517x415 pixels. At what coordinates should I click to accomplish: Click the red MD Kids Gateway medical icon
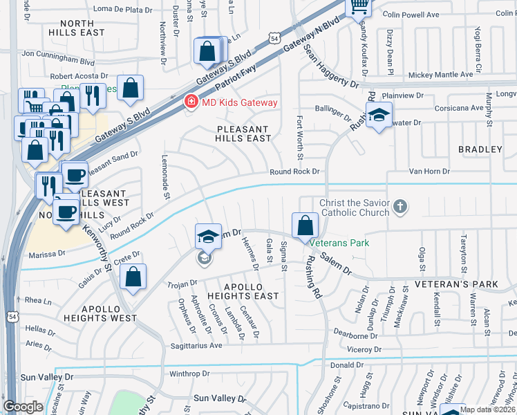click(189, 102)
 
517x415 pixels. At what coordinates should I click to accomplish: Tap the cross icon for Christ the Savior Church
click(400, 206)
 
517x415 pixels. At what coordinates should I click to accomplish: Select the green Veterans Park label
click(339, 243)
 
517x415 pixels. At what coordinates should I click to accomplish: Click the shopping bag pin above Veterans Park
click(305, 225)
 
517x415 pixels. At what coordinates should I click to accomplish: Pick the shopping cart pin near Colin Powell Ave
click(359, 6)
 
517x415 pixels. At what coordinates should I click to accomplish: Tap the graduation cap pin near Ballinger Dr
click(378, 115)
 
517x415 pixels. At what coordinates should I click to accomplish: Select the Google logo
click(23, 407)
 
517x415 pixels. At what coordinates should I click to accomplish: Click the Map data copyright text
click(487, 409)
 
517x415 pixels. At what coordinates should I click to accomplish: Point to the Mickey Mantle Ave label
click(440, 74)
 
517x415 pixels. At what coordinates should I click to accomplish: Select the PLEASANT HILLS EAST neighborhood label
click(244, 133)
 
